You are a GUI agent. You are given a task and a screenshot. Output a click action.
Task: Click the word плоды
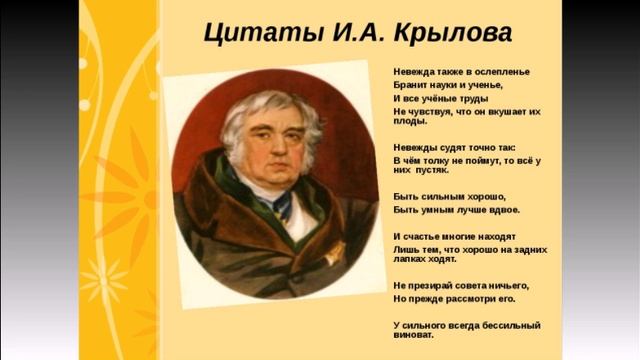tap(411, 124)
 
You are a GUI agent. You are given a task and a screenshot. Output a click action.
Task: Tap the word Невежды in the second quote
tap(416, 146)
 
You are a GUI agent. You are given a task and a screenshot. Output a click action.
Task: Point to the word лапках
tap(412, 259)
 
